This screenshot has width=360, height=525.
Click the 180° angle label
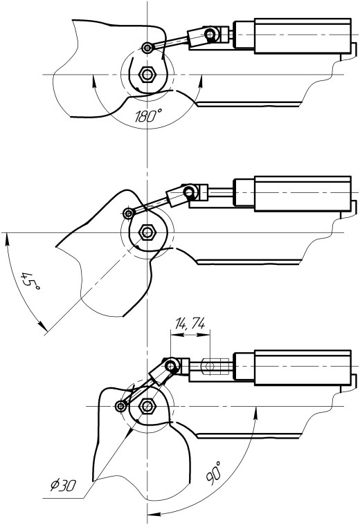click(148, 116)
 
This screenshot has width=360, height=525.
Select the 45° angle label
click(30, 282)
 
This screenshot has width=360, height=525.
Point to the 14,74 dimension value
click(190, 324)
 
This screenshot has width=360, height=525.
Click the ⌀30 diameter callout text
click(64, 485)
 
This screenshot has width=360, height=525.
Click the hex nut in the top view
click(147, 74)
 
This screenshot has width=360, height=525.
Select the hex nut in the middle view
click(147, 232)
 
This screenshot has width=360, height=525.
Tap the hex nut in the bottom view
click(147, 406)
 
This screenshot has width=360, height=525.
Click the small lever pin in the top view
click(147, 48)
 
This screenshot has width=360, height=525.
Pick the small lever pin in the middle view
click(128, 213)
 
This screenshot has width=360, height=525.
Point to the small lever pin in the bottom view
click(120, 407)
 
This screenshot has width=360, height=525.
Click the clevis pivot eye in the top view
click(210, 34)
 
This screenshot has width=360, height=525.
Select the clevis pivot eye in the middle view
click(189, 192)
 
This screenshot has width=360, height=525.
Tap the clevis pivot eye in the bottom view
click(171, 365)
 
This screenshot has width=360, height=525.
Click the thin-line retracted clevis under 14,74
click(215, 366)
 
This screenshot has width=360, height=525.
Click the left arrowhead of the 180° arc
click(93, 81)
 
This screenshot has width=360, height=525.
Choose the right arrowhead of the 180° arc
click(201, 81)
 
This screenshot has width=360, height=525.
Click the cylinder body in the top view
click(303, 36)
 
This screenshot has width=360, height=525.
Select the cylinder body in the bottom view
click(303, 367)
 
